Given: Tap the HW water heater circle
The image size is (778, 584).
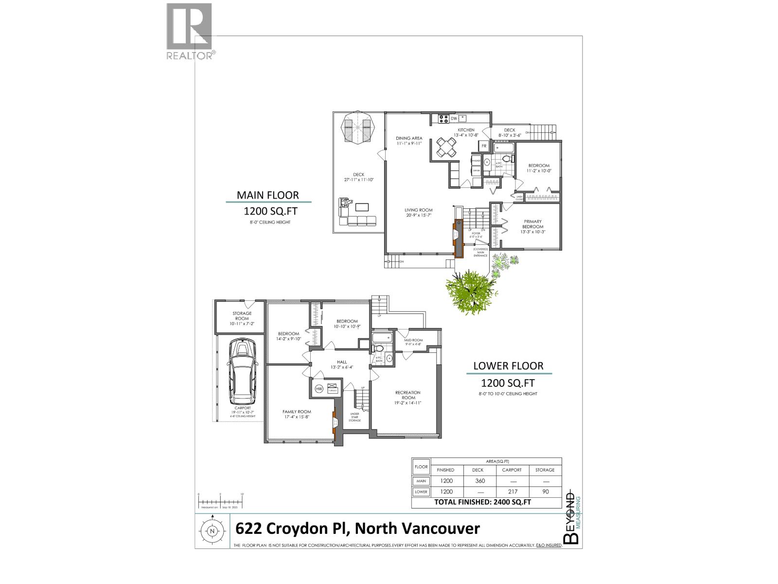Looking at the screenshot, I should pyautogui.click(x=319, y=388).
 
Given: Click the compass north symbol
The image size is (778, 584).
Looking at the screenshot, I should pyautogui.click(x=212, y=531).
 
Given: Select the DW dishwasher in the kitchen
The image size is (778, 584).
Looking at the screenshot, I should pyautogui.click(x=454, y=118).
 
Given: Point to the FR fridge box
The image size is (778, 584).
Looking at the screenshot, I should pyautogui.click(x=484, y=146).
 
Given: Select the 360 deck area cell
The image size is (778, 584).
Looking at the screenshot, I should pyautogui.click(x=479, y=481).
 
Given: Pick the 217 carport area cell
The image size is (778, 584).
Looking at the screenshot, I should pyautogui.click(x=512, y=492).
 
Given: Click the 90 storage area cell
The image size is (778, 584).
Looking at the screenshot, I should pyautogui.click(x=545, y=492).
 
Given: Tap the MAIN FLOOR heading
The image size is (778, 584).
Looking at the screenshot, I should pyautogui.click(x=267, y=195).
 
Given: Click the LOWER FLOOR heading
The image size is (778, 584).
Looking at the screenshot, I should pyautogui.click(x=508, y=366).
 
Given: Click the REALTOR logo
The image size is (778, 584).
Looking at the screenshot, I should pyautogui.click(x=190, y=32).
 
